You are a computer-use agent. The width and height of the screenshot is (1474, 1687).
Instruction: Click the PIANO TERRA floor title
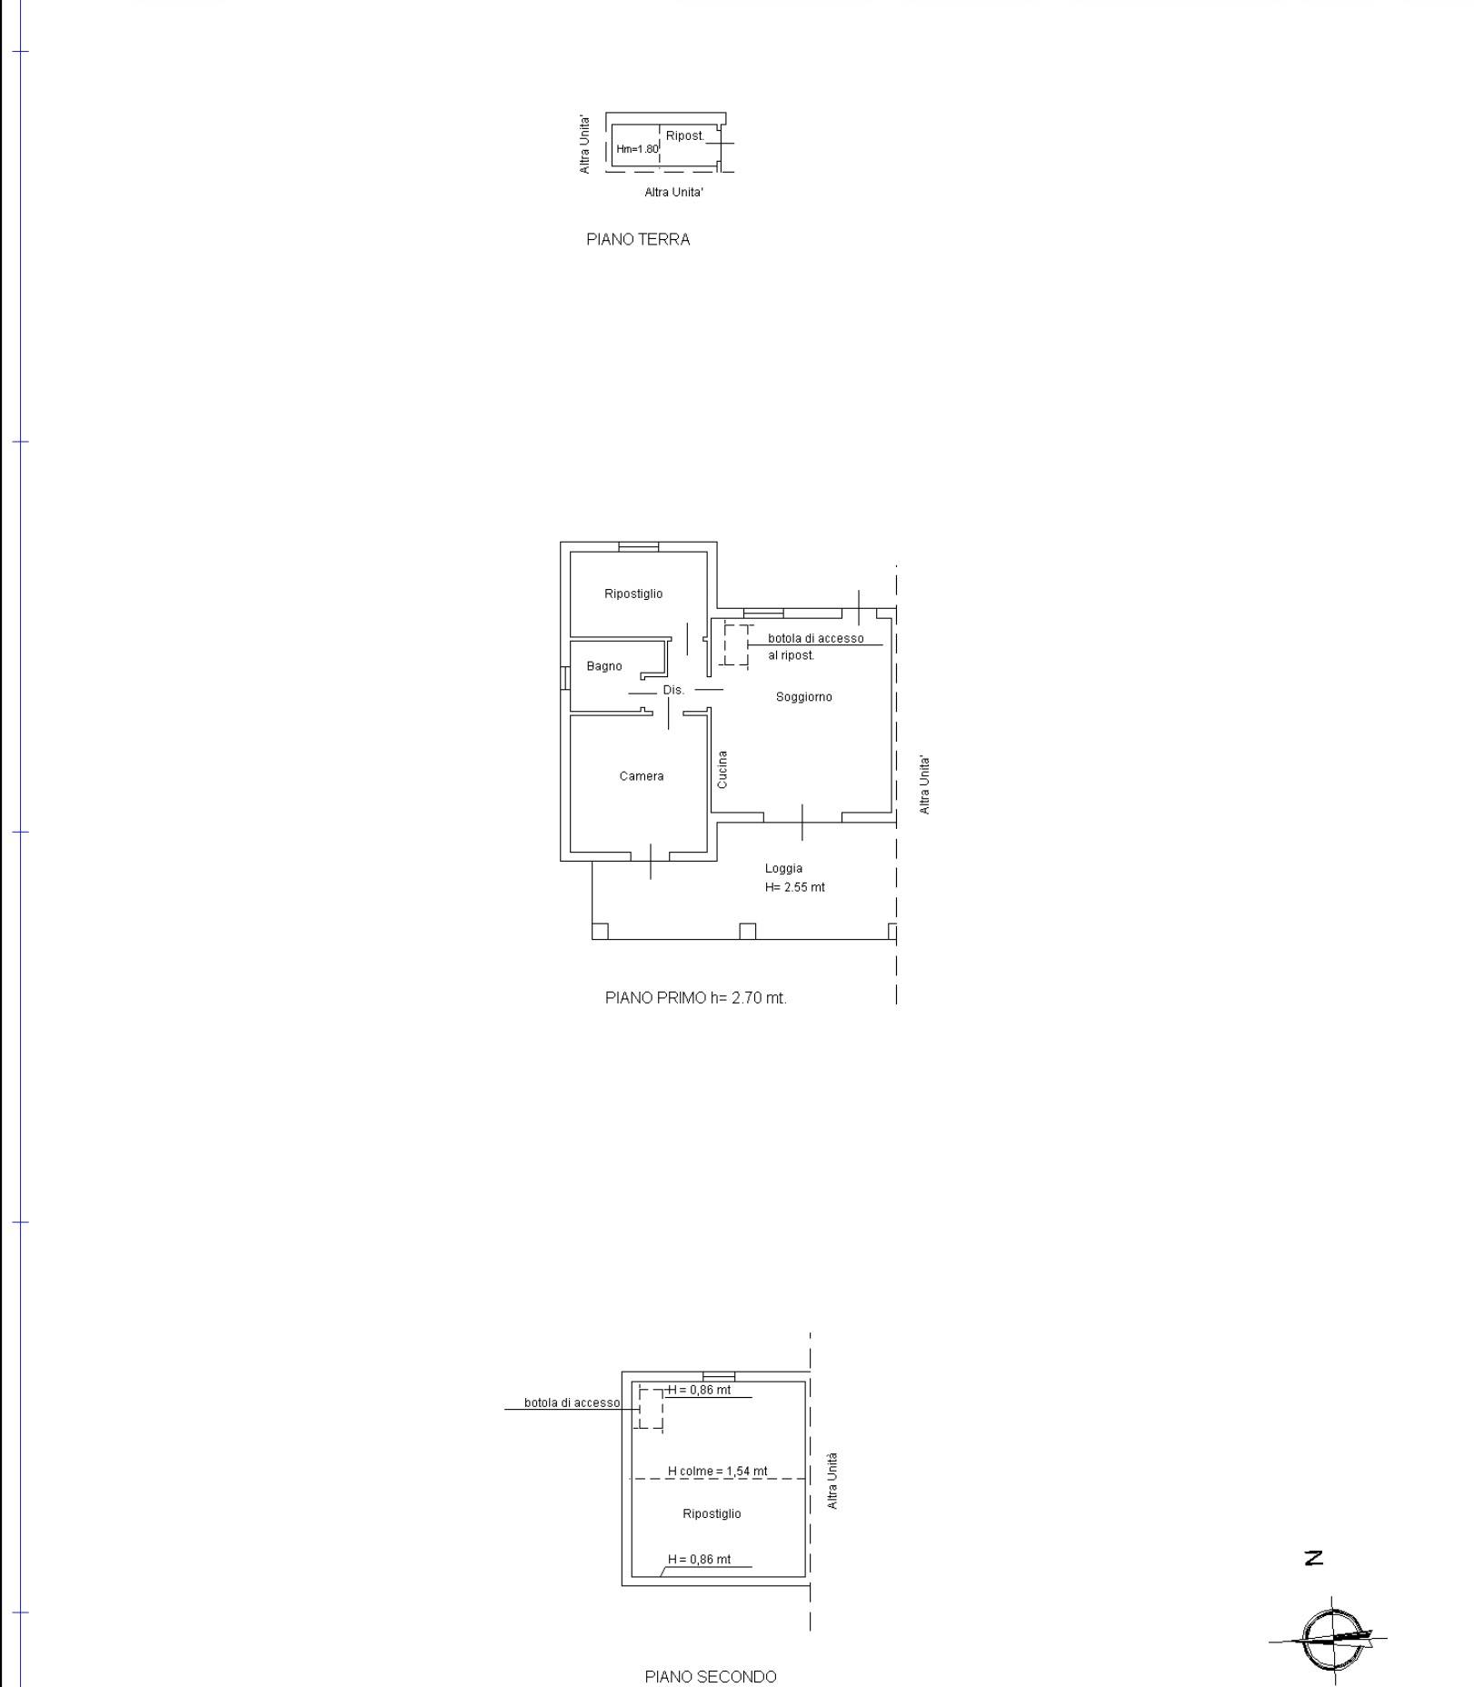[x=638, y=240]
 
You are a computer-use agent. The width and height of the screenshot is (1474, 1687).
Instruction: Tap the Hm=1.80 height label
[x=637, y=149]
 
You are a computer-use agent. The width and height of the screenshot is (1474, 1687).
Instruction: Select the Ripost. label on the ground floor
[x=685, y=135]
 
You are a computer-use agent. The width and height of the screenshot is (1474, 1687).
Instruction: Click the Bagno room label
[x=604, y=666]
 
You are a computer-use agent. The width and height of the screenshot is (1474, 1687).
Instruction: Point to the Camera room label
[x=642, y=776]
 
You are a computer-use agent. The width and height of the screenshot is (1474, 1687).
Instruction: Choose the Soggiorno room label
[x=804, y=697]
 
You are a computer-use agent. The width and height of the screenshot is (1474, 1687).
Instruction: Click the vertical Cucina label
[x=722, y=769]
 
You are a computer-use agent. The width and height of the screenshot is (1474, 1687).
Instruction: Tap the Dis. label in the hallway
[x=673, y=690]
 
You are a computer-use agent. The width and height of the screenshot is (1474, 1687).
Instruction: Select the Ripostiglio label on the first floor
[x=633, y=594]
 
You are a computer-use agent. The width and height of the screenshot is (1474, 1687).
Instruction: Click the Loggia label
[x=783, y=868]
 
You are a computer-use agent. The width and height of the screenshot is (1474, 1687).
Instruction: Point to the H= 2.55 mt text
[x=795, y=887]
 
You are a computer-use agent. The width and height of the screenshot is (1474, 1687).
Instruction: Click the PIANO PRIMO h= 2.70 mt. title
[x=696, y=998]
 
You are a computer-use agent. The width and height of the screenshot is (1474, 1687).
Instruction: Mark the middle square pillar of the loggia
[x=747, y=932]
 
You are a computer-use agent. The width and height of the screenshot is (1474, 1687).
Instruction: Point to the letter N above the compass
[x=1314, y=1558]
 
